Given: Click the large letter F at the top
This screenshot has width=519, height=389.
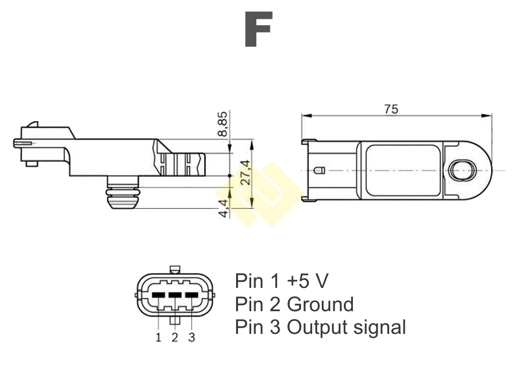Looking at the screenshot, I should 258,30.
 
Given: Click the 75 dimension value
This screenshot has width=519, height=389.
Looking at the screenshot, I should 391,109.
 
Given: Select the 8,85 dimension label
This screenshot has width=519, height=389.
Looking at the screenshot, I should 223,124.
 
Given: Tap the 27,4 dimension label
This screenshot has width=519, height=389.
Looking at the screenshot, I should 245,172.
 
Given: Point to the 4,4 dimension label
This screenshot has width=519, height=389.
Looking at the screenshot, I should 223,207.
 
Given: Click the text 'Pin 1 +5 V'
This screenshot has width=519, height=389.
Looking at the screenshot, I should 282,281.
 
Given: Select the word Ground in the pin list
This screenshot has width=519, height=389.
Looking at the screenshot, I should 320,304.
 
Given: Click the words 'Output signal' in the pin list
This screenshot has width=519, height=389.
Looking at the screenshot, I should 346,327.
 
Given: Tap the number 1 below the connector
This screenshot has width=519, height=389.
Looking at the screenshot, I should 158,337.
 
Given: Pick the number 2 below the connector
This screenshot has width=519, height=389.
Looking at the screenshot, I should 175,337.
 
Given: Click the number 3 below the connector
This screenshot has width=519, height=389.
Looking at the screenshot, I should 191,337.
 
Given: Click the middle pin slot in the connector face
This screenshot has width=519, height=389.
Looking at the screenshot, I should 175,295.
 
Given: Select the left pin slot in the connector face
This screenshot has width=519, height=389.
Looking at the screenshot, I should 158,295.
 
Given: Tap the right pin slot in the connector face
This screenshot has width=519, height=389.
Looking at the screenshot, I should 191,295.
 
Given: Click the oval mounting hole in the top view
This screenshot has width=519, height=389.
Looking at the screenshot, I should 463,171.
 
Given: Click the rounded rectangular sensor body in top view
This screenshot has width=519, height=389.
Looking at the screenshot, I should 403,170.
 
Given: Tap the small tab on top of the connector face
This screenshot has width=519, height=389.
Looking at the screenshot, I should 174,270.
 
